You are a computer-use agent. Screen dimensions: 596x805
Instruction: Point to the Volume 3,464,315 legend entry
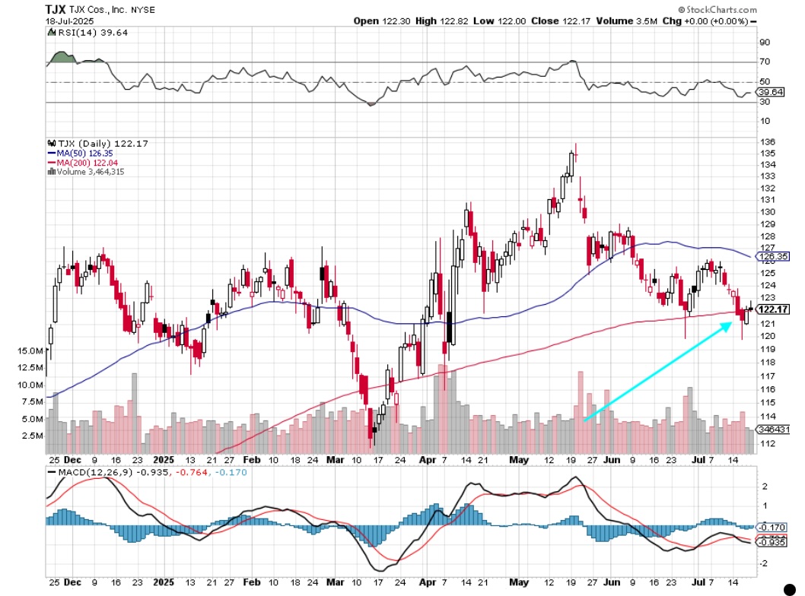pyautogui.click(x=90, y=172)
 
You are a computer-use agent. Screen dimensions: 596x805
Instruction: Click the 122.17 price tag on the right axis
pyautogui.click(x=773, y=309)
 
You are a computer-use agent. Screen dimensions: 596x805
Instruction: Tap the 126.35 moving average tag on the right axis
pyautogui.click(x=773, y=257)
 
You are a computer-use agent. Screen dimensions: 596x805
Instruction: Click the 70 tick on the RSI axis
pyautogui.click(x=765, y=62)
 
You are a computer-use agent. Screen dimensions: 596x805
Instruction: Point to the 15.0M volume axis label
pyautogui.click(x=27, y=350)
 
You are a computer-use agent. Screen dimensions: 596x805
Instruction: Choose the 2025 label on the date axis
pyautogui.click(x=163, y=460)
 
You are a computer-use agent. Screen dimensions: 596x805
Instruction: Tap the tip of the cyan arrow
pyautogui.click(x=733, y=322)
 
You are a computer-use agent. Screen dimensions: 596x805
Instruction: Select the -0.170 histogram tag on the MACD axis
pyautogui.click(x=772, y=527)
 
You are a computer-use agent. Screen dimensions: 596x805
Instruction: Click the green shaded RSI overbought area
pyautogui.click(x=60, y=58)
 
